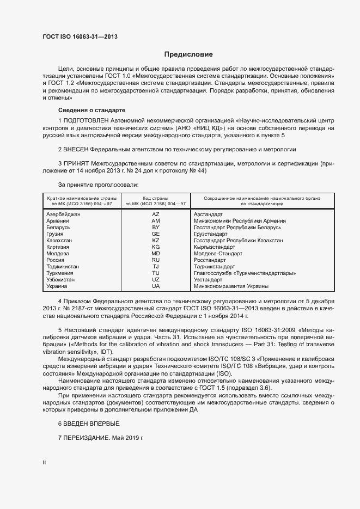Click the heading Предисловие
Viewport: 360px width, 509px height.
pos(188,54)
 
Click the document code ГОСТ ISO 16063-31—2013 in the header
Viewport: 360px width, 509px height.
pos(80,37)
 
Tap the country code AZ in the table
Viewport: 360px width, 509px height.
pos(156,214)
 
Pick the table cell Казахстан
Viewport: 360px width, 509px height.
pos(59,241)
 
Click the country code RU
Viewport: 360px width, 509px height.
pos(156,260)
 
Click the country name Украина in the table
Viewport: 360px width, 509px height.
pos(57,286)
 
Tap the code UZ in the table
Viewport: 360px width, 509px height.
pos(156,280)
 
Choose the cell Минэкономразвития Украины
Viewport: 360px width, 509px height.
pos(231,286)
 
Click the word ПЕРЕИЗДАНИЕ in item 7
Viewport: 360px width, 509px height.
pos(87,438)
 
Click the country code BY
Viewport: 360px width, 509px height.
pos(156,228)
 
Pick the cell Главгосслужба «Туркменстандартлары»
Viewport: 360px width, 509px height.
pos(245,273)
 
